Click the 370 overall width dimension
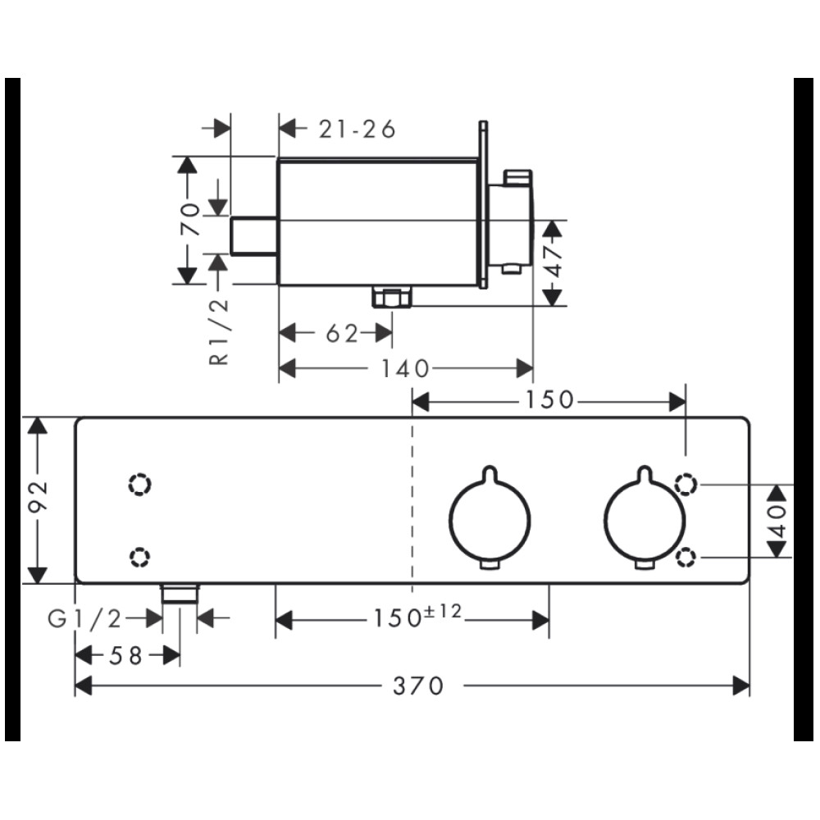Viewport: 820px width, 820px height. pyautogui.click(x=418, y=686)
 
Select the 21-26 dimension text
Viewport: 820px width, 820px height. pyautogui.click(x=358, y=130)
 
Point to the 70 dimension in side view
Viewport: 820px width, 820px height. pyautogui.click(x=190, y=219)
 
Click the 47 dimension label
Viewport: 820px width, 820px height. pyautogui.click(x=553, y=262)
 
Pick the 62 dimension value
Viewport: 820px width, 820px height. pyautogui.click(x=342, y=333)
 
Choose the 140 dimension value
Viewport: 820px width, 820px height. pyautogui.click(x=405, y=369)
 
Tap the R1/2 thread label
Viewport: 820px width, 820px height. pyautogui.click(x=220, y=331)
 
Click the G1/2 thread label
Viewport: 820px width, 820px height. pyautogui.click(x=84, y=619)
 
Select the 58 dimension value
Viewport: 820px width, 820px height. pyautogui.click(x=125, y=655)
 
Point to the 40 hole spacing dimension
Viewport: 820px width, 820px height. pyautogui.click(x=779, y=521)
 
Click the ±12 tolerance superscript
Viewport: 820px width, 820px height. pyautogui.click(x=443, y=610)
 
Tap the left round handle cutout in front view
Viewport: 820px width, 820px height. pyautogui.click(x=490, y=517)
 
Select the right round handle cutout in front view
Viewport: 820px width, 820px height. pyautogui.click(x=645, y=517)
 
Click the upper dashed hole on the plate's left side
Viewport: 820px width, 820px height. pyautogui.click(x=139, y=485)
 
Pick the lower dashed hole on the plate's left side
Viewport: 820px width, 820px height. pyautogui.click(x=139, y=557)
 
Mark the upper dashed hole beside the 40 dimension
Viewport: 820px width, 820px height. pyautogui.click(x=686, y=485)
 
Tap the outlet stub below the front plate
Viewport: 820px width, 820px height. pyautogui.click(x=180, y=594)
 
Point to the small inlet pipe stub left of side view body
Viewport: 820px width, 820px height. pyautogui.click(x=254, y=236)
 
